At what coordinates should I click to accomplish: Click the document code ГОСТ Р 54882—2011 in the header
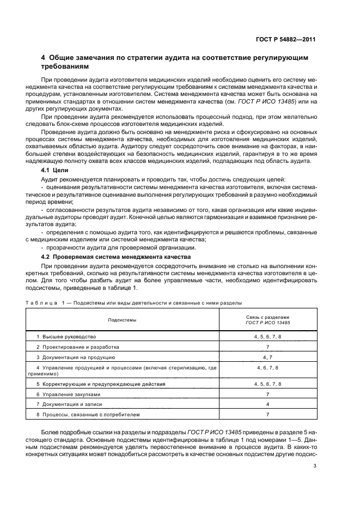288,39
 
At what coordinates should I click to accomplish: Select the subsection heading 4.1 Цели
55,171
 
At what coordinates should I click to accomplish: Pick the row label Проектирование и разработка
77,347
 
